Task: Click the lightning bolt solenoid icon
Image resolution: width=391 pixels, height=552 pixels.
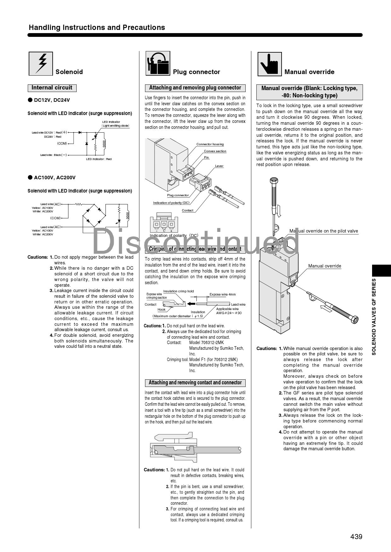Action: (41, 64)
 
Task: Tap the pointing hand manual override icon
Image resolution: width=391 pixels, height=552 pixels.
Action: (270, 64)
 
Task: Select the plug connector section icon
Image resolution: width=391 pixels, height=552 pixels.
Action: (158, 63)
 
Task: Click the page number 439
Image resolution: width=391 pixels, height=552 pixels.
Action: (356, 537)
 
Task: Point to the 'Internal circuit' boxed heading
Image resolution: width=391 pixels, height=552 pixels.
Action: (52, 88)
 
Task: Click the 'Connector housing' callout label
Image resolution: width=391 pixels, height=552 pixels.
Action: (210, 144)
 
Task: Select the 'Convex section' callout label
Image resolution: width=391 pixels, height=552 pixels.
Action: (215, 151)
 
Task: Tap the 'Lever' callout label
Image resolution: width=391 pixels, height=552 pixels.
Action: (219, 166)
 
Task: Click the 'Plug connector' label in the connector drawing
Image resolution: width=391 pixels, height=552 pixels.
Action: (178, 195)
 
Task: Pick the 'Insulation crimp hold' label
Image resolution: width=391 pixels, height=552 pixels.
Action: (178, 291)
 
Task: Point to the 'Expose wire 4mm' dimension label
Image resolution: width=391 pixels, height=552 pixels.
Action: (223, 295)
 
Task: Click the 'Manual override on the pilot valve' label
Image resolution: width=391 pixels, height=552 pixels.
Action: (324, 231)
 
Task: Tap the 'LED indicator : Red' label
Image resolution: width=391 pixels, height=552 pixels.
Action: (99, 159)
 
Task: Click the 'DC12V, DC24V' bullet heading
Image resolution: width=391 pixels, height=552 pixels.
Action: (52, 100)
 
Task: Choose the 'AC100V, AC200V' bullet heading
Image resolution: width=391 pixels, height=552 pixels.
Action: (55, 178)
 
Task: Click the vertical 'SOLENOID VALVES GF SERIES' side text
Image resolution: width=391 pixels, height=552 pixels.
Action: (374, 317)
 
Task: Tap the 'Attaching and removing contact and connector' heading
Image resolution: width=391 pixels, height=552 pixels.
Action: (195, 383)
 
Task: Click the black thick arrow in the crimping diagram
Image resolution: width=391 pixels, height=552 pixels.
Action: (191, 304)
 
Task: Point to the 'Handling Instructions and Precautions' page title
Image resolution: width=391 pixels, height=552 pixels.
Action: (97, 27)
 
